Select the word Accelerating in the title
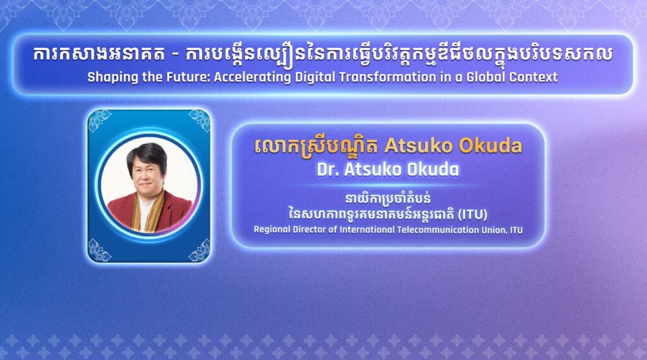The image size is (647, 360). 252,77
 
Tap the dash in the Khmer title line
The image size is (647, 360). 176,55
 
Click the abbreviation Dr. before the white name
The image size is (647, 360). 328,169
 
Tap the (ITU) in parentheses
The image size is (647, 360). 473,215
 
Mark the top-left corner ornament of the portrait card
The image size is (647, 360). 99,120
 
